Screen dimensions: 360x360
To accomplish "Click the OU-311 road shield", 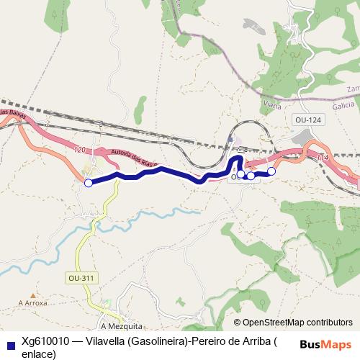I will (x=82, y=277).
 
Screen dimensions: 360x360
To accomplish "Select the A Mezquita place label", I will (x=122, y=325).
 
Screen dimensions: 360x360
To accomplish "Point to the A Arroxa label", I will (x=33, y=304).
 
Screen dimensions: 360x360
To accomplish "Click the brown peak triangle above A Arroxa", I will (x=32, y=294).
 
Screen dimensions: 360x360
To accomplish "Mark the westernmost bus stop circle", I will (x=89, y=183).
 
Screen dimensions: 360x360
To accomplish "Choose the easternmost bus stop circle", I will (x=271, y=171).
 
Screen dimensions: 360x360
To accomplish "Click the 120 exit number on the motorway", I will (x=79, y=150).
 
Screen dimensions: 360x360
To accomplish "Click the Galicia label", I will (x=343, y=105).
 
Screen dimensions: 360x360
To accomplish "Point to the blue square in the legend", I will (x=9, y=343).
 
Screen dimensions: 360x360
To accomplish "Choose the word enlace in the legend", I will (x=38, y=354).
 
